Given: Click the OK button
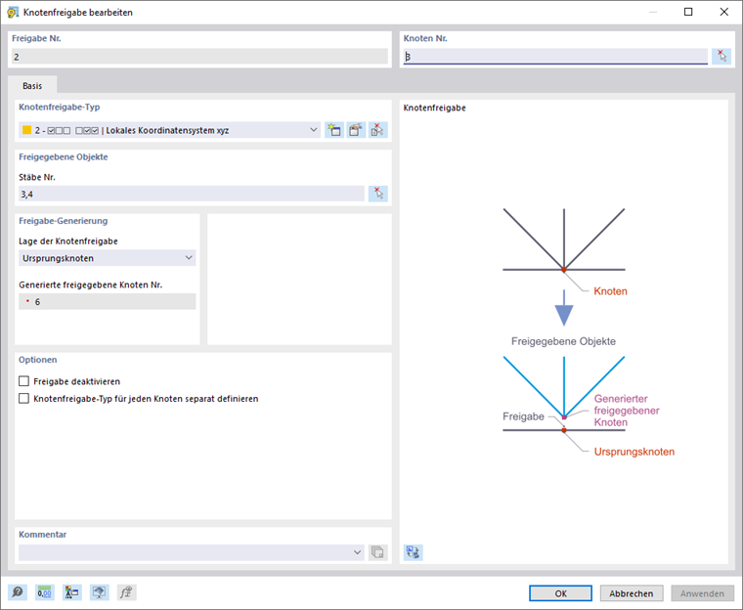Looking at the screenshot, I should pos(560,593).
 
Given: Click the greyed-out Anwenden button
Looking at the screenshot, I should pos(702,593).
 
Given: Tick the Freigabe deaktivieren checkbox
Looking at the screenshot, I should pos(24,381).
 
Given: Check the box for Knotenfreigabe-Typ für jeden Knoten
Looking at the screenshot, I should pos(24,399).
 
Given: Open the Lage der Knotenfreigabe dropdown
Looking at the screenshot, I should pos(107,258).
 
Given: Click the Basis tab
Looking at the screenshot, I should pos(32,85).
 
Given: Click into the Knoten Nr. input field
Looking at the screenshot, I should pos(553,57).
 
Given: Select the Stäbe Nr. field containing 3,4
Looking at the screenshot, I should pos(191,195).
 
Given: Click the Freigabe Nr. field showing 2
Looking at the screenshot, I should pos(199,57).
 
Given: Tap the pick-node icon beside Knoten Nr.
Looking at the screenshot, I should pos(721,57).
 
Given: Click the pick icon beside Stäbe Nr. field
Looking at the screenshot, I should pos(378,194).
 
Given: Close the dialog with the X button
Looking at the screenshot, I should pos(721,12).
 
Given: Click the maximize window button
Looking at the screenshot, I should pos(688,12).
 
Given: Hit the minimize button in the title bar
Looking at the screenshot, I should pos(654,12).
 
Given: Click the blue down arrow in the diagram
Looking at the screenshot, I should pos(563,311).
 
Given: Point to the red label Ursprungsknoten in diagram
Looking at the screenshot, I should pos(634,452).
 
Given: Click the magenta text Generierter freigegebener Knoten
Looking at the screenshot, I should pos(626,411).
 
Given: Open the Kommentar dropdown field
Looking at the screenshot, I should pos(190,552).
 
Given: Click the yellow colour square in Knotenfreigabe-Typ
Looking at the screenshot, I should pos(26,130).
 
